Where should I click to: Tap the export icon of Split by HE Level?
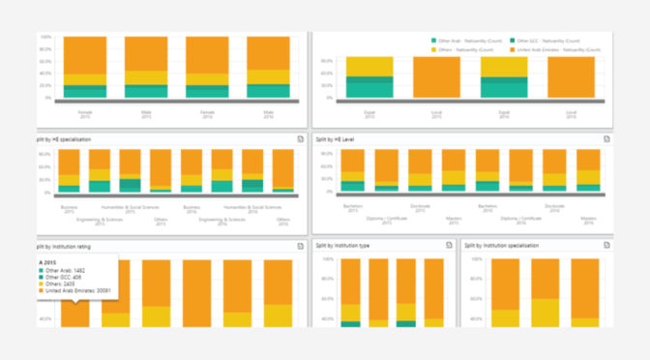coord(606,139)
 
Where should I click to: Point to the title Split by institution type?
coord(351,246)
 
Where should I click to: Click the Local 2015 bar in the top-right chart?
coord(436,77)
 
